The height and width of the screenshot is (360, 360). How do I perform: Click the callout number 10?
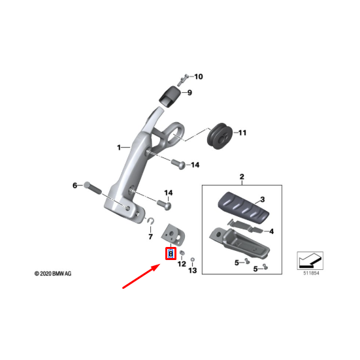(x=199, y=76)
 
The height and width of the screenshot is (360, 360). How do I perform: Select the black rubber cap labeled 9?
(x=170, y=97)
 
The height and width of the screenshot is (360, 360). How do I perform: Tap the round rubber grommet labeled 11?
(x=220, y=136)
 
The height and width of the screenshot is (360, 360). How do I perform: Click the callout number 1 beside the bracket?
(x=119, y=148)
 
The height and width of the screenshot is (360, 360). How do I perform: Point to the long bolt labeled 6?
(x=93, y=188)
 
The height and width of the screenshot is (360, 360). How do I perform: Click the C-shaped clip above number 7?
(x=151, y=221)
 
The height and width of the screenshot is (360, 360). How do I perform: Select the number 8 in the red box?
(x=171, y=254)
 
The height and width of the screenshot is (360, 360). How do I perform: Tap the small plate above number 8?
(x=173, y=234)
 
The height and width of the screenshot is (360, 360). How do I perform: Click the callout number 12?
(x=182, y=264)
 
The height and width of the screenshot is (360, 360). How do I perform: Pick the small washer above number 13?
(x=193, y=259)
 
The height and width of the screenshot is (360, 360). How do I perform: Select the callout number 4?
(x=271, y=231)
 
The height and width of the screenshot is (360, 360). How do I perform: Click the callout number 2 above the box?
(x=242, y=177)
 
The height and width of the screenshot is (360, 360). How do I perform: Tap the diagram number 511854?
(x=311, y=273)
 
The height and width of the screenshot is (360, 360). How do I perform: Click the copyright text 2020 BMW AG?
(x=53, y=274)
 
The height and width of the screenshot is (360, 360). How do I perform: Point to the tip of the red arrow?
(x=160, y=265)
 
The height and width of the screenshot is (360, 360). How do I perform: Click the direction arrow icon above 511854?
(x=310, y=261)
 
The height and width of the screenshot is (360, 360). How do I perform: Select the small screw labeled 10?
(x=182, y=80)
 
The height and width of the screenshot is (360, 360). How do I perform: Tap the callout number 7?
(x=151, y=237)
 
